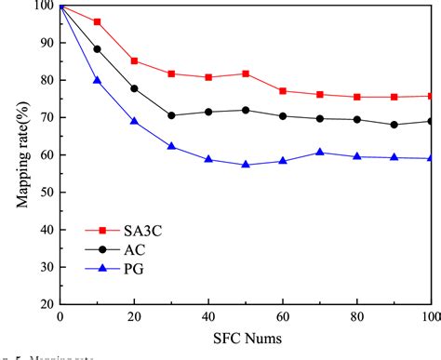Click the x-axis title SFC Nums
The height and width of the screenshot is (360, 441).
click(246, 340)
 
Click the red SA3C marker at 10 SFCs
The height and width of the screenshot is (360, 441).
click(97, 21)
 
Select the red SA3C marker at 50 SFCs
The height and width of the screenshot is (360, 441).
click(246, 73)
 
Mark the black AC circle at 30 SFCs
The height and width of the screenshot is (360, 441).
click(171, 115)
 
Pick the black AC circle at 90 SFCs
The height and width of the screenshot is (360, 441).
click(394, 125)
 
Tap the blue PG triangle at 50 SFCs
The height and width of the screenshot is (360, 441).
click(246, 164)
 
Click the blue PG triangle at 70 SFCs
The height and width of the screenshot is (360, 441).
click(320, 152)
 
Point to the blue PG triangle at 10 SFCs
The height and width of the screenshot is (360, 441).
click(97, 80)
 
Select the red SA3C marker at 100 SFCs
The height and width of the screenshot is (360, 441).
click(431, 96)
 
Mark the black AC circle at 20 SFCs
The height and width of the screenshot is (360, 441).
click(134, 88)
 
